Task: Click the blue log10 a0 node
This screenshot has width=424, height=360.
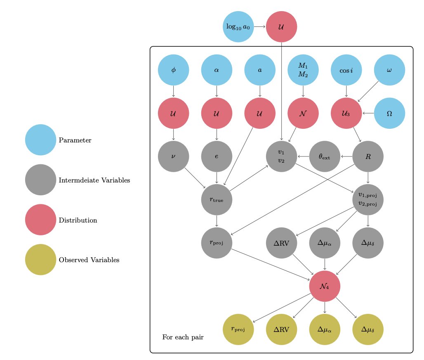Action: (238, 27)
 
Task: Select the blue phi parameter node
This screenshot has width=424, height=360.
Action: (173, 70)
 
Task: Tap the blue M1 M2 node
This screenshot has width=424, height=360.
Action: (303, 70)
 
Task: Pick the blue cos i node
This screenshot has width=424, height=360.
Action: (346, 70)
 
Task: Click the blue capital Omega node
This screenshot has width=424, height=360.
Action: (389, 113)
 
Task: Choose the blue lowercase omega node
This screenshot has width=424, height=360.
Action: (389, 70)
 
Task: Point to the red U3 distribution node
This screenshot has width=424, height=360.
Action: (346, 113)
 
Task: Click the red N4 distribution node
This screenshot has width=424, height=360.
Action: (325, 286)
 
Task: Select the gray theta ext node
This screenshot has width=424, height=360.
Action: (325, 156)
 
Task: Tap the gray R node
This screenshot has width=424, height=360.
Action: (368, 156)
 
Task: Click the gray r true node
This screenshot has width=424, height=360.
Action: (217, 200)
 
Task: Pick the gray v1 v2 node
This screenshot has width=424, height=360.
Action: (281, 156)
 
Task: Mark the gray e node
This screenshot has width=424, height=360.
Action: (217, 156)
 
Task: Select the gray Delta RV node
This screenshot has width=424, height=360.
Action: (281, 243)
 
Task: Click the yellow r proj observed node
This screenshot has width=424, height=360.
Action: (238, 329)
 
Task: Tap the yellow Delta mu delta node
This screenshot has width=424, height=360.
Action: (368, 329)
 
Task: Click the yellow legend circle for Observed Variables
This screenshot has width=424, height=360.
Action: (40, 260)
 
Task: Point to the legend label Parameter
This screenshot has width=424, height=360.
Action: (75, 140)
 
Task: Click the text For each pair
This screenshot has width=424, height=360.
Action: (183, 337)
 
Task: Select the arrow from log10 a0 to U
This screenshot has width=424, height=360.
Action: (259, 27)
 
